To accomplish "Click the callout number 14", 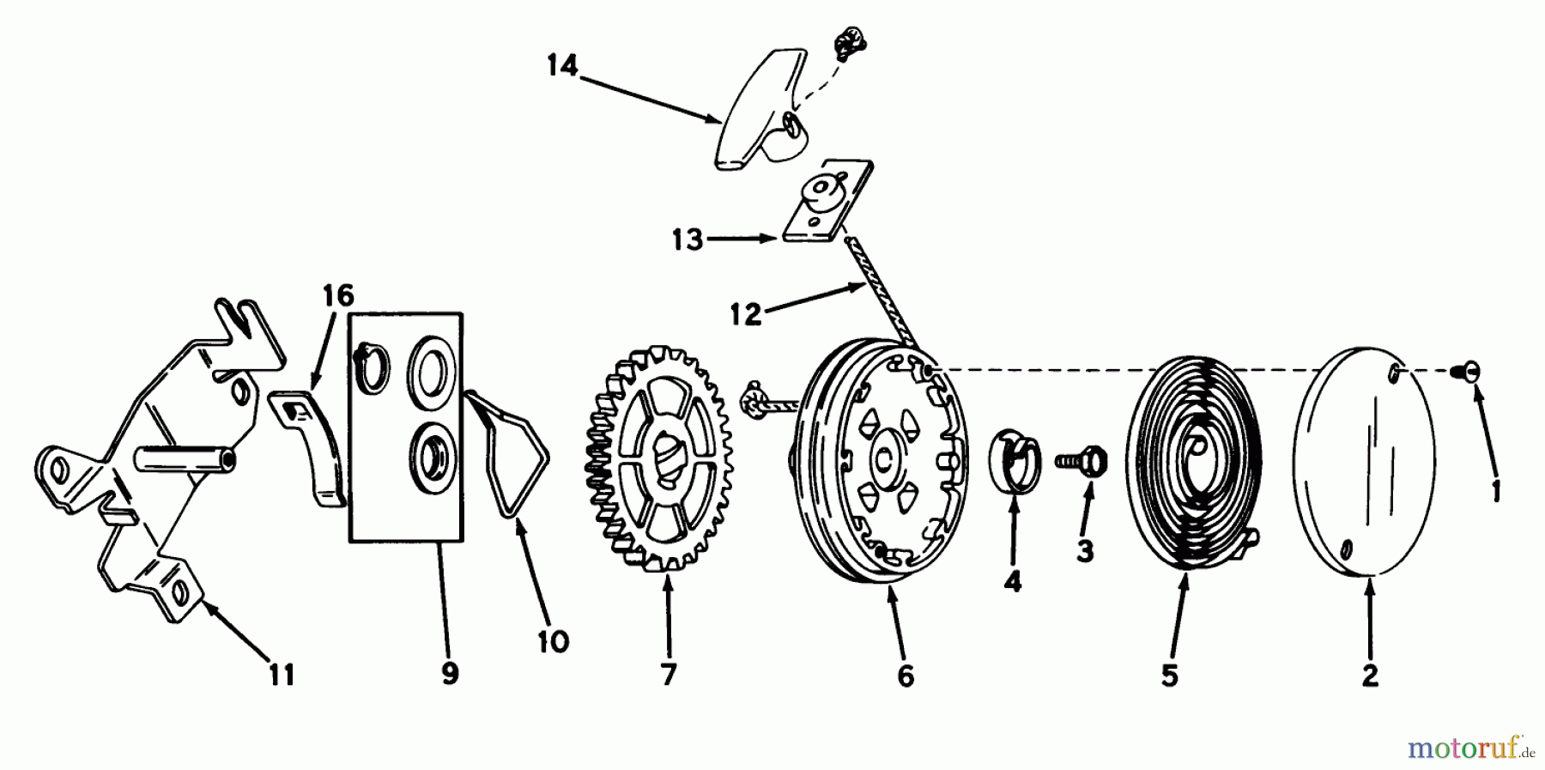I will tap(562, 66).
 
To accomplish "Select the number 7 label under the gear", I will tap(669, 675).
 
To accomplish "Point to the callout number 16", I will tap(338, 296).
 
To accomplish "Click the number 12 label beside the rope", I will tap(746, 315).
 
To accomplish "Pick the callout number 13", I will tap(687, 240).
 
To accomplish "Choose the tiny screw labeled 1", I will tap(1475, 371).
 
